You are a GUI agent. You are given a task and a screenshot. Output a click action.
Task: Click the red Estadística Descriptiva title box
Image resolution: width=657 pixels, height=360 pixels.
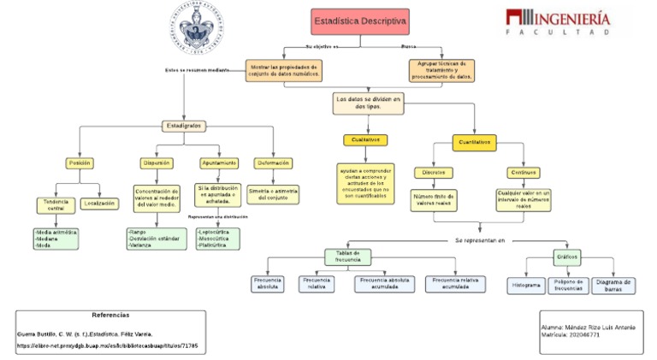[360, 21]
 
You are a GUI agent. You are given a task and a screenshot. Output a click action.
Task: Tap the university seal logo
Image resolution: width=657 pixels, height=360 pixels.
[200, 24]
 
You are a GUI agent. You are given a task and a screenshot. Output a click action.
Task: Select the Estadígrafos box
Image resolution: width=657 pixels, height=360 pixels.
[185, 126]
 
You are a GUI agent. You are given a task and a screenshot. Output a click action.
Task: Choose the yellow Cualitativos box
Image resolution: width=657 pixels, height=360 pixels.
[366, 139]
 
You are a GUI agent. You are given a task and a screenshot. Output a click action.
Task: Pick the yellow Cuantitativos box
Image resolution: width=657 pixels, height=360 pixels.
[475, 141]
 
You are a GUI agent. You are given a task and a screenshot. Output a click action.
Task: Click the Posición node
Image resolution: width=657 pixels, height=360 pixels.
[79, 162]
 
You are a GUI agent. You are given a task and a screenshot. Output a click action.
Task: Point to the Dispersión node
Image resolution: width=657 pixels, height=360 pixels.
[157, 162]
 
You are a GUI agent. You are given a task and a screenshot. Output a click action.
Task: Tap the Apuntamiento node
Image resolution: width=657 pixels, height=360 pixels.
[219, 162]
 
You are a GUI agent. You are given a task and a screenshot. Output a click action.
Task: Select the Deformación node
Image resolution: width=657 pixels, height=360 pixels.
[273, 162]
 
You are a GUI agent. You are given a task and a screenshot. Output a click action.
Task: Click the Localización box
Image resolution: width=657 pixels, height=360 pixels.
[99, 204]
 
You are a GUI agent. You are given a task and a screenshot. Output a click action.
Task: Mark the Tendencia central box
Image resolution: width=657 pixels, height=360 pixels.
[56, 204]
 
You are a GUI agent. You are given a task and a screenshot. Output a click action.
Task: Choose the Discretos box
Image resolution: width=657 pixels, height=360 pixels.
[434, 172]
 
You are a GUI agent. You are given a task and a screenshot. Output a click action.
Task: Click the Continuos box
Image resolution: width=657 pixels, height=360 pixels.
[524, 172]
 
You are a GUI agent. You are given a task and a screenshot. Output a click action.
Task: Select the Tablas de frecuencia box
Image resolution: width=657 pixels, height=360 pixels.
[347, 256]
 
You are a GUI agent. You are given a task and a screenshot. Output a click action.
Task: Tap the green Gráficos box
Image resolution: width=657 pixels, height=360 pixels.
[567, 256]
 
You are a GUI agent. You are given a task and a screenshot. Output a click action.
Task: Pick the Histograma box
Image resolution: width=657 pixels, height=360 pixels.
[526, 285]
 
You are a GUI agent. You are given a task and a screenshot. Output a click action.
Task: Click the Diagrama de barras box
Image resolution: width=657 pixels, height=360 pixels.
[613, 285]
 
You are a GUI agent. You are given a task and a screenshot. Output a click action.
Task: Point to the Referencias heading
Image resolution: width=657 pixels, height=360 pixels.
[109, 315]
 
